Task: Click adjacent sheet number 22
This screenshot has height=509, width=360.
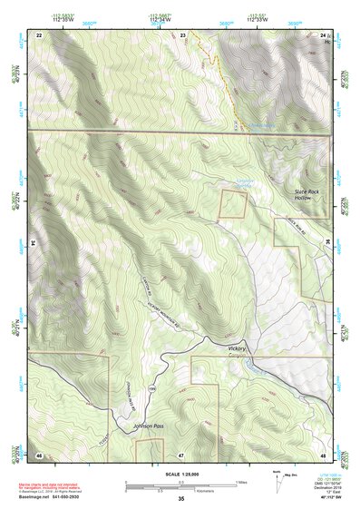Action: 39,34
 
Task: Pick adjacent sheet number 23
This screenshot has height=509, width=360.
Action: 183,34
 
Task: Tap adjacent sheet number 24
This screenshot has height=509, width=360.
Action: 322,34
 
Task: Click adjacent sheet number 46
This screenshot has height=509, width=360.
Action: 39,453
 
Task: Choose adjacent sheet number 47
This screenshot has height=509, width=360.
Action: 181,453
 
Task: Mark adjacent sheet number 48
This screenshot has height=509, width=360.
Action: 322,453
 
